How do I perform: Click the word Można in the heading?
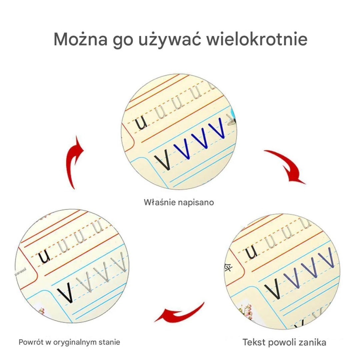coord(81,39)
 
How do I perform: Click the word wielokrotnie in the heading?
coord(257,39)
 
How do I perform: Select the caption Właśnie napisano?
coord(179,202)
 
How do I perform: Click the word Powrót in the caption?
coord(31,342)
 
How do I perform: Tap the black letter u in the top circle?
coord(141,123)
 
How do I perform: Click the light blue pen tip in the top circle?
coord(233,113)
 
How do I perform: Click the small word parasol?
coord(20,272)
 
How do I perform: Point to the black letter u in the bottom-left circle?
coord(44,256)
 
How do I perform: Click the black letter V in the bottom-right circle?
coord(273,288)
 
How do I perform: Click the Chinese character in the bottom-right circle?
coord(228,267)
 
